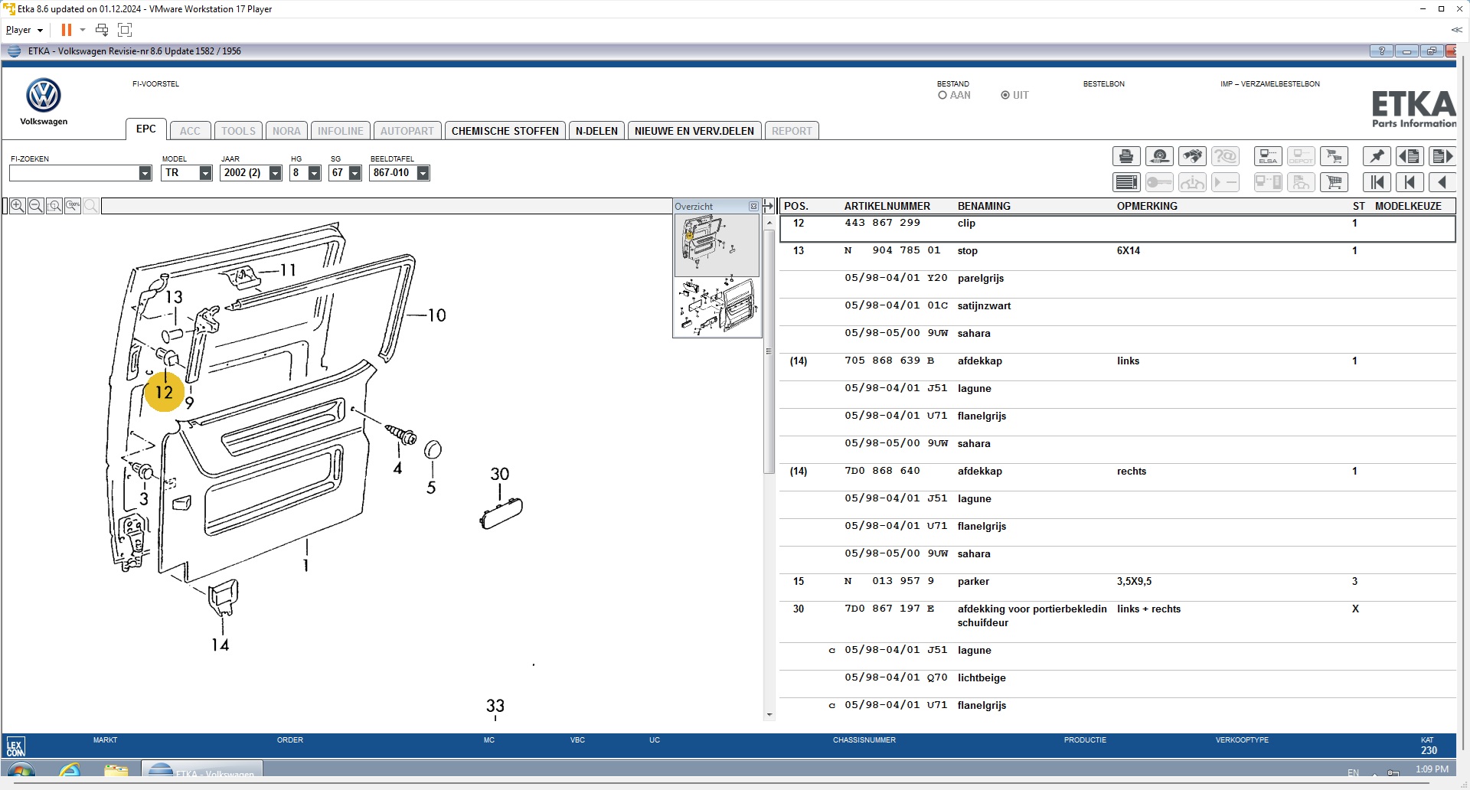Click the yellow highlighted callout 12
164,392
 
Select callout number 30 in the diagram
500,474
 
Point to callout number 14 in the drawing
220,645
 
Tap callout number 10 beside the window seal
436,315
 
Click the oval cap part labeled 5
433,449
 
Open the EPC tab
146,129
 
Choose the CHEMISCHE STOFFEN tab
505,131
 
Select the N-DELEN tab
596,131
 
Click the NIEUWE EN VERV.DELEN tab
694,131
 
